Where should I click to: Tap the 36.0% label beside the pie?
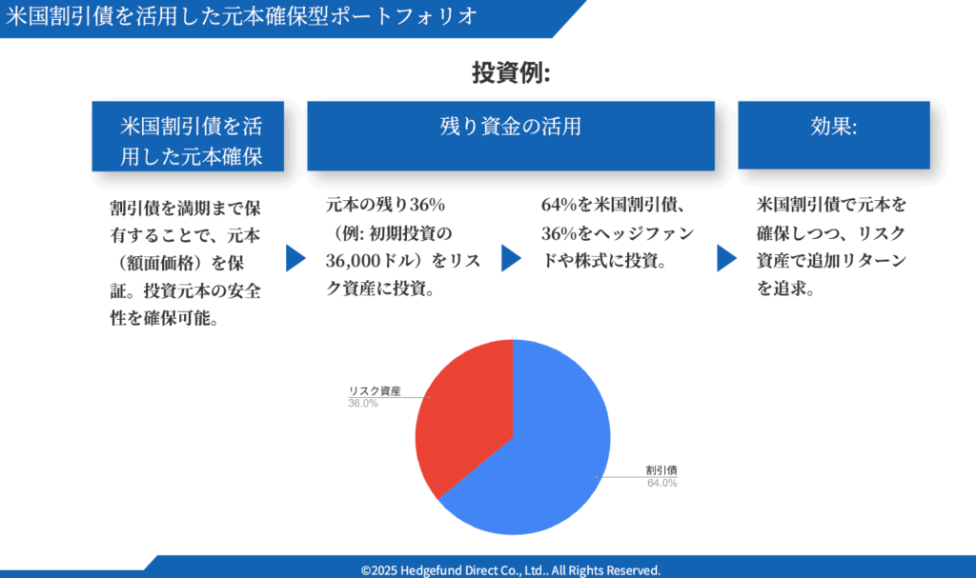pyautogui.click(x=363, y=403)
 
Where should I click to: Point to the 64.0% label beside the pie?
pyautogui.click(x=661, y=483)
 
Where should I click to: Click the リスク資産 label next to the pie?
pyautogui.click(x=374, y=390)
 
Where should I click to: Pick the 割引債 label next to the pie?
pyautogui.click(x=661, y=470)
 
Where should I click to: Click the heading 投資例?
pyautogui.click(x=511, y=72)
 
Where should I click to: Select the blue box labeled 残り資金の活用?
pyautogui.click(x=511, y=135)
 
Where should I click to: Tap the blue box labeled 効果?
pyautogui.click(x=834, y=135)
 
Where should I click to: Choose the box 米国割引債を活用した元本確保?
pyautogui.click(x=188, y=136)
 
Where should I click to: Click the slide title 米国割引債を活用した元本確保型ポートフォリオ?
pyautogui.click(x=241, y=16)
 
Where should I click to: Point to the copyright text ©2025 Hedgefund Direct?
pyautogui.click(x=511, y=570)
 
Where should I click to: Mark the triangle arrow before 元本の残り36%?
pyautogui.click(x=295, y=258)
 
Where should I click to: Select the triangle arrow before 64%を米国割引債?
pyautogui.click(x=511, y=258)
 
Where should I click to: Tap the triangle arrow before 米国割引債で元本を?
pyautogui.click(x=726, y=258)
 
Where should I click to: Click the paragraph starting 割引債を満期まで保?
pyautogui.click(x=186, y=263)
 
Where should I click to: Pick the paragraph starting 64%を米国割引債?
pyautogui.click(x=618, y=232)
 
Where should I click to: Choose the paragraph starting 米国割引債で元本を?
pyautogui.click(x=831, y=247)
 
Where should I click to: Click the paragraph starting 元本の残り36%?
pyautogui.click(x=403, y=247)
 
